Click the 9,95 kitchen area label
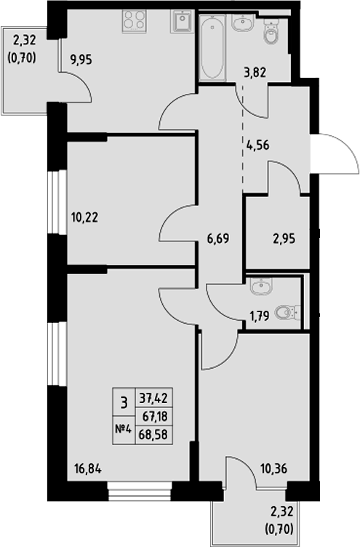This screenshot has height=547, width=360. pyautogui.click(x=81, y=60)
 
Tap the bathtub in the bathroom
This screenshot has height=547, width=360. pyautogui.click(x=213, y=48)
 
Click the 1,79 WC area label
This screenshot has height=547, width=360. pyautogui.click(x=259, y=317)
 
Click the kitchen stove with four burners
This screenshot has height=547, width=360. pyautogui.click(x=134, y=21)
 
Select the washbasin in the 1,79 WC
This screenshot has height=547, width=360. pyautogui.click(x=259, y=287)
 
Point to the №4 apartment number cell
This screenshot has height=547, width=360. pyautogui.click(x=123, y=429)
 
